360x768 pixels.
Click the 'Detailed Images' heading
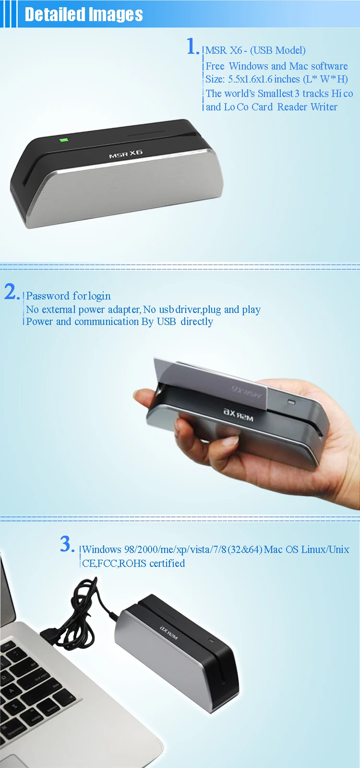84,14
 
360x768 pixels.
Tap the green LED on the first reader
63,140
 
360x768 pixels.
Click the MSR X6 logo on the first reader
125,154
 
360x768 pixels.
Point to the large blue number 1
193,46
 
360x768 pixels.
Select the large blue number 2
12,292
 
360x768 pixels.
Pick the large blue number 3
67,544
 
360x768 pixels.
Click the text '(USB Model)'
278,50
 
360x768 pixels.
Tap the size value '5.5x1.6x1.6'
250,79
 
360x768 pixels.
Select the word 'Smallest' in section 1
276,93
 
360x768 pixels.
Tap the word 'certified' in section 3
167,563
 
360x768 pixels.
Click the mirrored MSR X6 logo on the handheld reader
238,415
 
